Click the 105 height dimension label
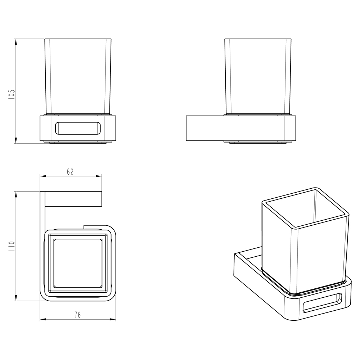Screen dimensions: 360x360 point(12,94)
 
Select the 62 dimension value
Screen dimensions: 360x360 point(70,172)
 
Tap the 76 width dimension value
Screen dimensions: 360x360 point(78,315)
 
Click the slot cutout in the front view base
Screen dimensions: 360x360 point(78,128)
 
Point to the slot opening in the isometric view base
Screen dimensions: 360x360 point(322,303)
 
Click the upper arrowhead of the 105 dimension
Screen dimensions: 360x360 point(15,42)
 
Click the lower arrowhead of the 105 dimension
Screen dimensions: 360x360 point(15,140)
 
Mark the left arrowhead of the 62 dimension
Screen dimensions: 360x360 point(44,176)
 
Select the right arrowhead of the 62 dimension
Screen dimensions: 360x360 point(99,176)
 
